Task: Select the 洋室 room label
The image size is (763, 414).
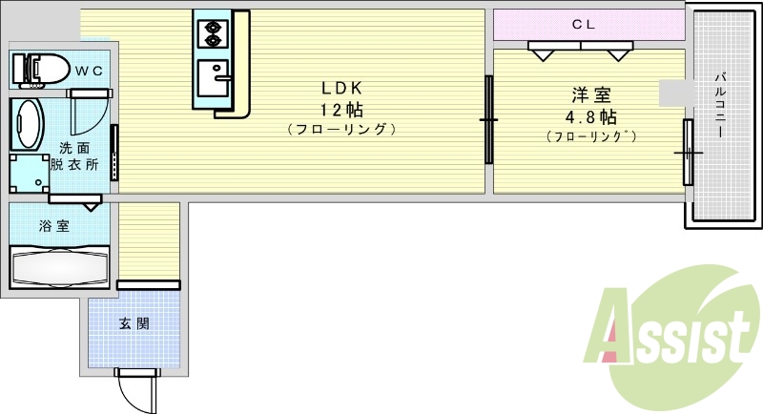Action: pyautogui.click(x=592, y=95)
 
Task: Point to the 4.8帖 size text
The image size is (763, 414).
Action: pyautogui.click(x=592, y=117)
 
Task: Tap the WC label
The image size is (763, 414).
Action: pyautogui.click(x=90, y=69)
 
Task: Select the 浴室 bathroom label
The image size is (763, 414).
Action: pyautogui.click(x=53, y=227)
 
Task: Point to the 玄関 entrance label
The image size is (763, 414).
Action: pyautogui.click(x=134, y=323)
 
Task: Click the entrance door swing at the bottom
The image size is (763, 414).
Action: pyautogui.click(x=134, y=389)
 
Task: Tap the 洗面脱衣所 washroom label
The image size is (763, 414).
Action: pyautogui.click(x=80, y=155)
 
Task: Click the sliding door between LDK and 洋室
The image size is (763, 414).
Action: pyautogui.click(x=488, y=119)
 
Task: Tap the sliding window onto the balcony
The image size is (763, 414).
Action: pyautogui.click(x=688, y=153)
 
